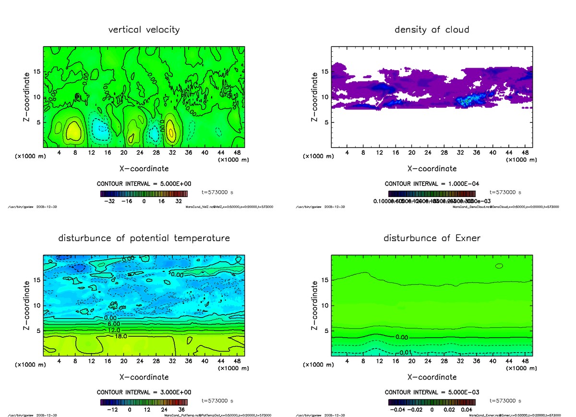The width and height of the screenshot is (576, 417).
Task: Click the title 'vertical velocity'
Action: click(x=144, y=30)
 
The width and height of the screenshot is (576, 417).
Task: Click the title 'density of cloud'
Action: click(x=432, y=30)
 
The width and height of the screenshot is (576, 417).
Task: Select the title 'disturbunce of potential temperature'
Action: click(x=144, y=238)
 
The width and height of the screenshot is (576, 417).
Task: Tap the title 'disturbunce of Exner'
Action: click(x=432, y=238)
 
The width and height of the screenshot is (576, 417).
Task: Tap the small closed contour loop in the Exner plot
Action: click(x=499, y=266)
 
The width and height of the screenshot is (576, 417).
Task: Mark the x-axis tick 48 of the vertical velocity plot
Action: click(x=237, y=153)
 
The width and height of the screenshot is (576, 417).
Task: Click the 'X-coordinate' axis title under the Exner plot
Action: click(x=432, y=377)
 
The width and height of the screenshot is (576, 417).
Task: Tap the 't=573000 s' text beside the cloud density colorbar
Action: click(x=505, y=192)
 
